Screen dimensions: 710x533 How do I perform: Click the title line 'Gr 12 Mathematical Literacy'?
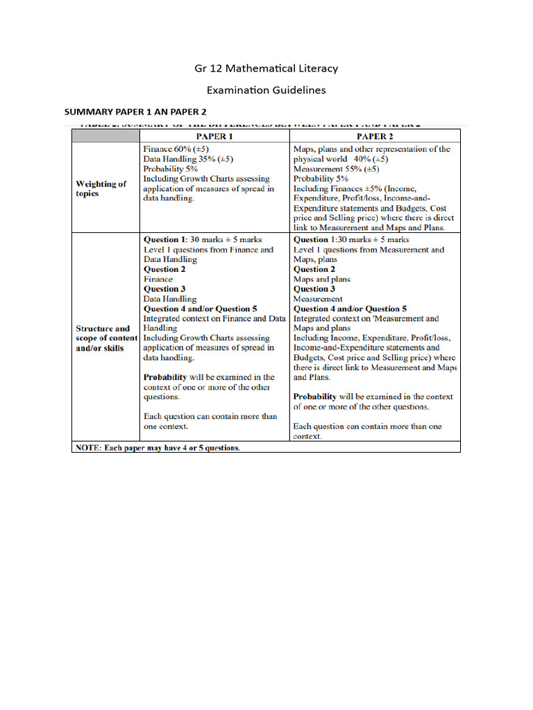266,68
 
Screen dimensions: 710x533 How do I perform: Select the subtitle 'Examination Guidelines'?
266,90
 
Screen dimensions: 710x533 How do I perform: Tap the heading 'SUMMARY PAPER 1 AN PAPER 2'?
135,112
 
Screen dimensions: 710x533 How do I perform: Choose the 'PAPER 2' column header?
375,137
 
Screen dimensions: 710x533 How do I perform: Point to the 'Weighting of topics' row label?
101,189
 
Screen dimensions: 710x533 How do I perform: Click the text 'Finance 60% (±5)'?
176,149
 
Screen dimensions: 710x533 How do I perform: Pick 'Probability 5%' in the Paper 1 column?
171,168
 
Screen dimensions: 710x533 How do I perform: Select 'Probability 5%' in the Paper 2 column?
321,178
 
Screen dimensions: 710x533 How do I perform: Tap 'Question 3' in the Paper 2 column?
314,288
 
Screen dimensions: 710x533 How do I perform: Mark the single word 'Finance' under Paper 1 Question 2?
158,279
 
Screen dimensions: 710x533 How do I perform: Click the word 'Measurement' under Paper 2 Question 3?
318,299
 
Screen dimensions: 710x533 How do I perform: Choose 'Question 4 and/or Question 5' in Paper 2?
350,309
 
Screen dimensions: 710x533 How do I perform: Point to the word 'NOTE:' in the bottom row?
90,448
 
